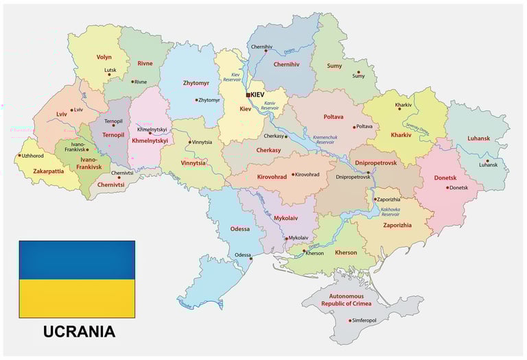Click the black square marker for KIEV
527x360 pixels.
tap(248, 95)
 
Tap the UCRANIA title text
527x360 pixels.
tap(79, 332)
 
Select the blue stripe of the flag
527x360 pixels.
tap(77, 260)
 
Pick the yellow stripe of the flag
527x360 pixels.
tap(77, 298)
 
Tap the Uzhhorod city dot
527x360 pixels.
tap(19, 156)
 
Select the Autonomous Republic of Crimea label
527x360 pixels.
tap(351, 299)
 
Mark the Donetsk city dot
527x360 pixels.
tap(447, 187)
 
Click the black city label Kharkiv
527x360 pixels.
tap(403, 105)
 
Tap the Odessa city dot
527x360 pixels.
tap(252, 259)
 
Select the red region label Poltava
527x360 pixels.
tap(333, 117)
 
